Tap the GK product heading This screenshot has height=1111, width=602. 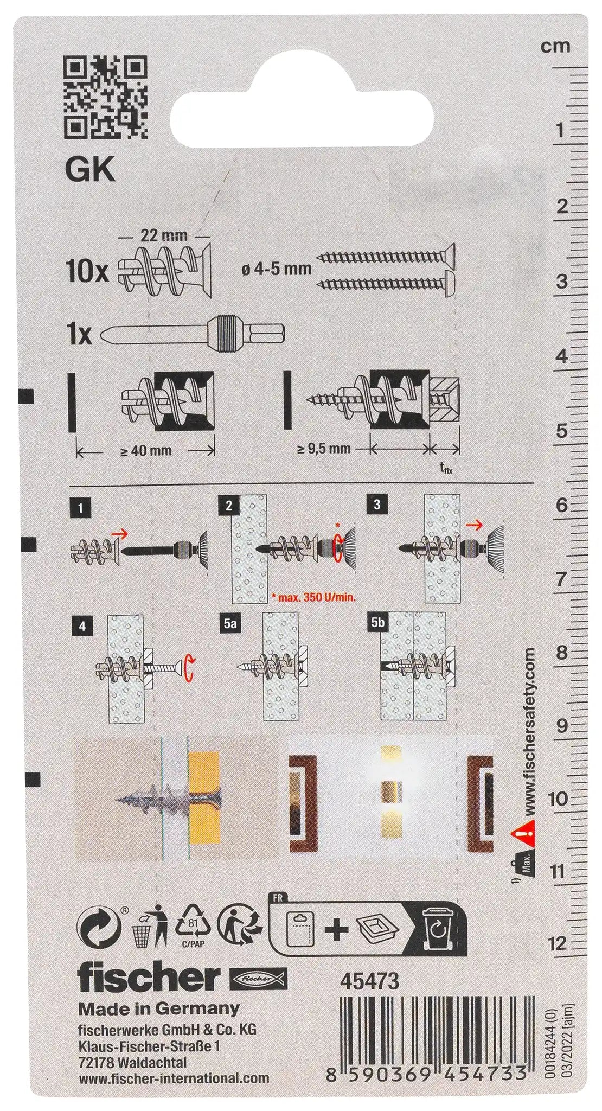90,171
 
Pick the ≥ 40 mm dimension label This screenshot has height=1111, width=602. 145,450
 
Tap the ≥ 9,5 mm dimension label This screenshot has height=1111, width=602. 324,449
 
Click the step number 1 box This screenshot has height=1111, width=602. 80,508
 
